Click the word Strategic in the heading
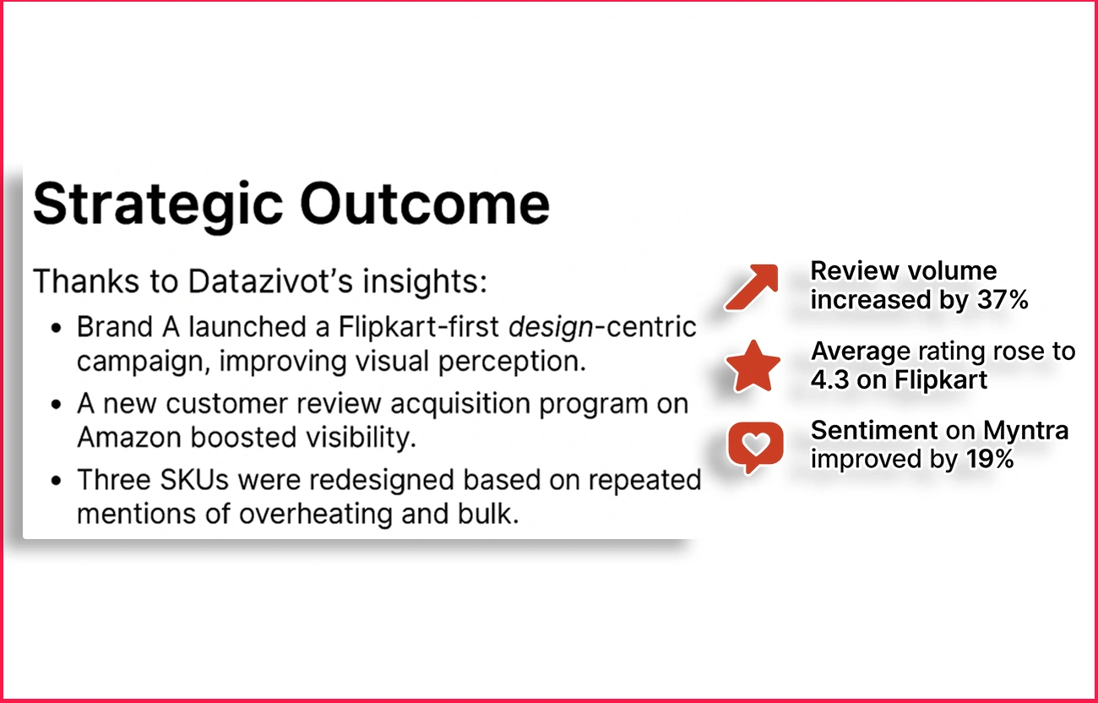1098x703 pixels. point(157,204)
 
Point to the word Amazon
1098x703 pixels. point(128,438)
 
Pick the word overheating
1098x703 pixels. point(316,514)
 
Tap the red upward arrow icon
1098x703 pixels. point(750,286)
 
